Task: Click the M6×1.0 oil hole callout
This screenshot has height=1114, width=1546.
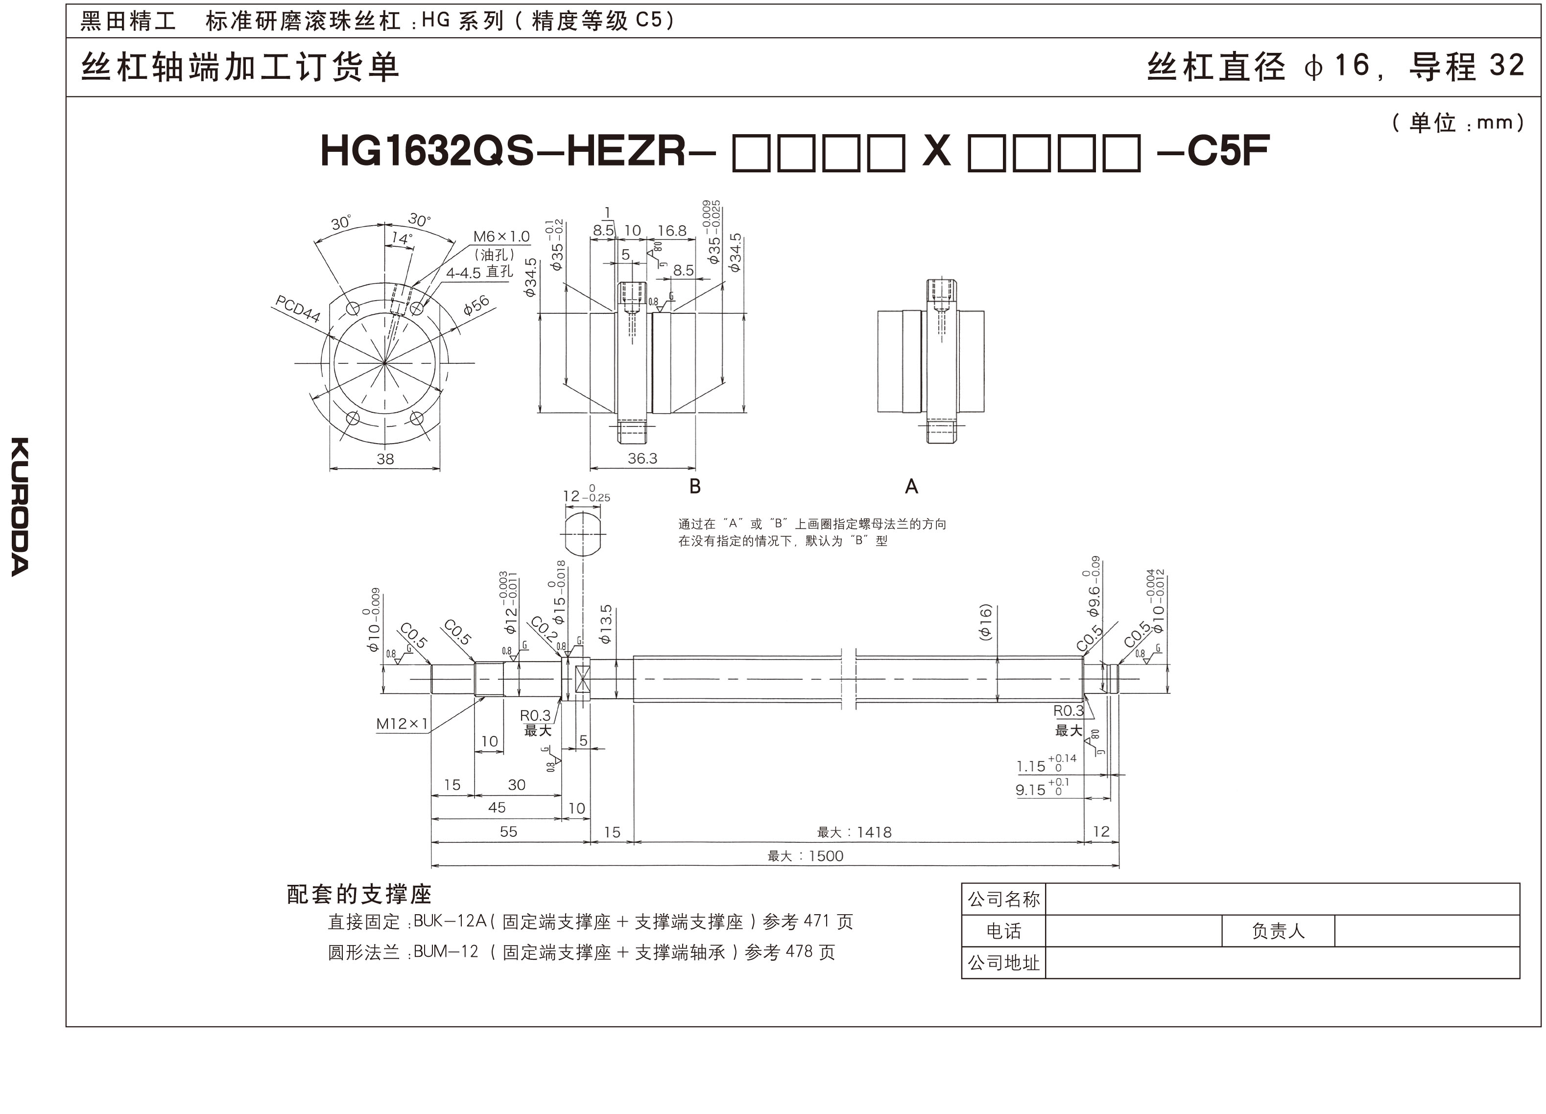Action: click(501, 237)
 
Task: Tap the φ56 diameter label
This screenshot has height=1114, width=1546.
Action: click(476, 305)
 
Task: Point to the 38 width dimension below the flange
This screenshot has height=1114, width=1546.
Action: click(385, 459)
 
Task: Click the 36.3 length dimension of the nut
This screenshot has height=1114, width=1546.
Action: click(642, 458)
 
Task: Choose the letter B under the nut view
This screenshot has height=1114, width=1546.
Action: click(694, 486)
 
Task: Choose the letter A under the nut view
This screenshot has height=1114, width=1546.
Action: click(911, 486)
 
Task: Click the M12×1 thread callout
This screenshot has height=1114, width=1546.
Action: click(402, 723)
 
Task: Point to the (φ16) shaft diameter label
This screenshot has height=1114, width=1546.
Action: click(984, 622)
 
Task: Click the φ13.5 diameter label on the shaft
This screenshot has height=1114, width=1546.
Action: click(605, 624)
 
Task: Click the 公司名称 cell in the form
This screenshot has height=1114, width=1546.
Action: click(1003, 899)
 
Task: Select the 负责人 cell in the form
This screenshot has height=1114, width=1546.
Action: click(1278, 930)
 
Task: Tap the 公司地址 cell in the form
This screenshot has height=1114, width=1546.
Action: click(1003, 963)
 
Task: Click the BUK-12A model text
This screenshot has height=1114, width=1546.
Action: click(449, 921)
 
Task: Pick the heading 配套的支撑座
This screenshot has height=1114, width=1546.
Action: click(359, 894)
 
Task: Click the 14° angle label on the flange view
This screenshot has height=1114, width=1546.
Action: click(402, 238)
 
